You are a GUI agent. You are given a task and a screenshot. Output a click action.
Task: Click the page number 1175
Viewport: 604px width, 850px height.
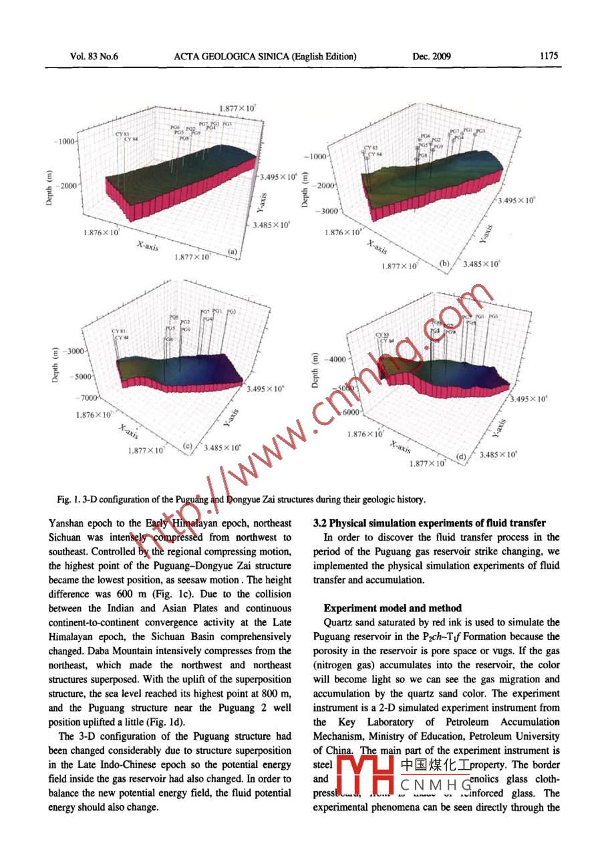point(548,56)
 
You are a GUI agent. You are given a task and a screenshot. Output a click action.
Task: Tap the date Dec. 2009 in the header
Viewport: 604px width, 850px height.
point(432,56)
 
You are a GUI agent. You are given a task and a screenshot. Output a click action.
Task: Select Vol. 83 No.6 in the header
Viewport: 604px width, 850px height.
point(94,56)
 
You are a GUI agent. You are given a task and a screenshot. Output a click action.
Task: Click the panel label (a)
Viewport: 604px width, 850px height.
point(233,252)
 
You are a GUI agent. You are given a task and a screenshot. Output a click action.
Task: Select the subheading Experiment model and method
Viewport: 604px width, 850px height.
point(392,608)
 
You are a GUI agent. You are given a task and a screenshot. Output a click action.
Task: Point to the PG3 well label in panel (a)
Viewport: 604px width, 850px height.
point(227,124)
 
